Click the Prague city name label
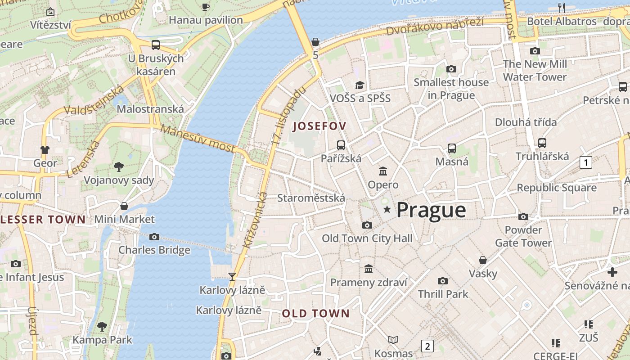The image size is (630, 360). [x=431, y=210]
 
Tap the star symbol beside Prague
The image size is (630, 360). [x=387, y=209]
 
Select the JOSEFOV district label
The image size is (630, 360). [x=319, y=126]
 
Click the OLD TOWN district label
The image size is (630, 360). [x=316, y=314]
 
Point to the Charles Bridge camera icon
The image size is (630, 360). [x=154, y=237]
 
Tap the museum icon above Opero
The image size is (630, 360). [x=383, y=171]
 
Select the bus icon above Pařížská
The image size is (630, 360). [x=341, y=145]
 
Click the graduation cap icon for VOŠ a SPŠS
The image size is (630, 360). [x=360, y=85]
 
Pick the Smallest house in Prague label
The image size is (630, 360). [x=451, y=89]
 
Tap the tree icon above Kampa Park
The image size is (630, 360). [x=102, y=326]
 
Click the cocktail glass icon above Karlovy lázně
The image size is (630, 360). [x=232, y=276]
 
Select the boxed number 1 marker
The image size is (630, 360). [x=585, y=162]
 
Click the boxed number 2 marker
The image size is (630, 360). [x=427, y=346]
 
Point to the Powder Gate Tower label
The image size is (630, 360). [x=523, y=236]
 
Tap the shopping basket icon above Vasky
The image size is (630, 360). [x=483, y=260]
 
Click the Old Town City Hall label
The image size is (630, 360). [x=367, y=238]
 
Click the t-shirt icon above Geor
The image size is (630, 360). [x=45, y=149]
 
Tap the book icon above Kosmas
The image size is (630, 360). [x=393, y=340]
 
